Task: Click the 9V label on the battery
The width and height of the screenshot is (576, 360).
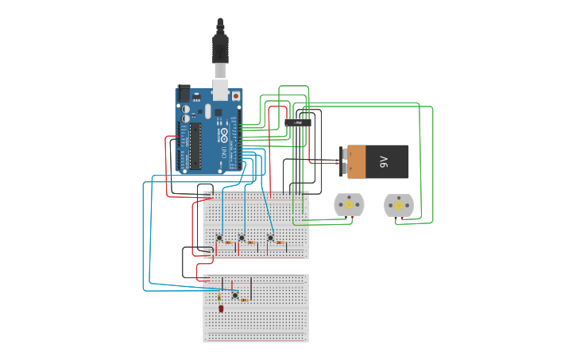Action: tap(383, 161)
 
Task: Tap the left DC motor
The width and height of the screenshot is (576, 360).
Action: tap(348, 205)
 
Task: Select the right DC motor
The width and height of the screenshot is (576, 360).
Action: tap(399, 205)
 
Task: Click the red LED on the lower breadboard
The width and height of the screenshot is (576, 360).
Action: tap(221, 308)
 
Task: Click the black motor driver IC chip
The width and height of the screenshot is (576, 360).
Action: tap(298, 122)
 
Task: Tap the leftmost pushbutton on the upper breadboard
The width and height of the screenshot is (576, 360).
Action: tap(219, 238)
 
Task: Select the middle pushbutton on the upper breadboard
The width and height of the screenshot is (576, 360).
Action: tap(242, 238)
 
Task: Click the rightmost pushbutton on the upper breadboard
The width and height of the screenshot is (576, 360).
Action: tap(270, 238)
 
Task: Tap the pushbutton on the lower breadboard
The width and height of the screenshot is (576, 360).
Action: tap(234, 296)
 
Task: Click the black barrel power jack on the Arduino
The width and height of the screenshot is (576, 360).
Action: tap(184, 93)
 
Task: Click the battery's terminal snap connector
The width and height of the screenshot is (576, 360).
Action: tap(342, 161)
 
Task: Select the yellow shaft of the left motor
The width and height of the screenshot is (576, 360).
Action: tap(349, 205)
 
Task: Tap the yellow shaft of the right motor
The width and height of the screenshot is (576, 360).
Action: tap(399, 205)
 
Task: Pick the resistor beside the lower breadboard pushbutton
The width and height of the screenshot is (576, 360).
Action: tap(244, 300)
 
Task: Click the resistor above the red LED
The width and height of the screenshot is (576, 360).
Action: tap(219, 296)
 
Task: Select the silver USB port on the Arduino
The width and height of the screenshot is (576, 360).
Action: tap(220, 89)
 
